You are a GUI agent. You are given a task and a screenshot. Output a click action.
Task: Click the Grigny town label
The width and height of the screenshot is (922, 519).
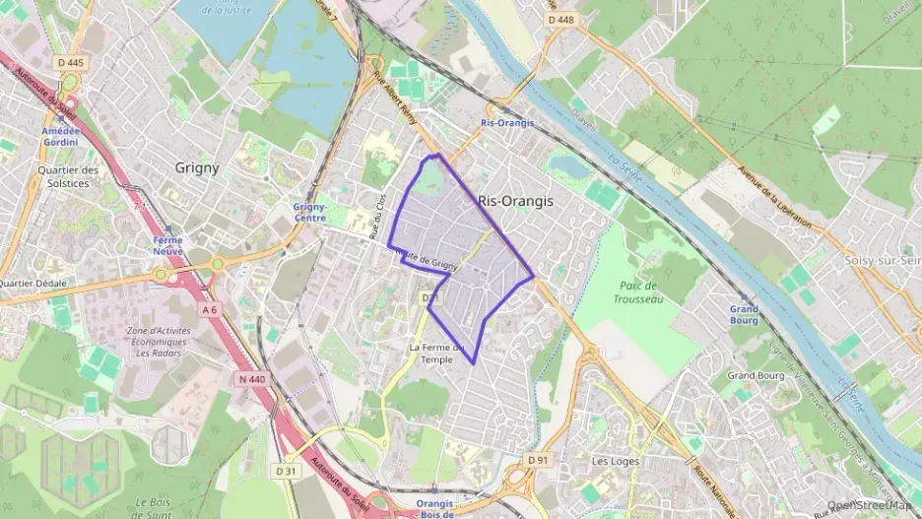coord(197,167)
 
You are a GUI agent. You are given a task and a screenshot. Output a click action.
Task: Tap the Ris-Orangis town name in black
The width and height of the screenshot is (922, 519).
coord(515,201)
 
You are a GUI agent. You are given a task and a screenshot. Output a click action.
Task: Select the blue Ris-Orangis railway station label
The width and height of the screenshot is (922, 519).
coord(507,123)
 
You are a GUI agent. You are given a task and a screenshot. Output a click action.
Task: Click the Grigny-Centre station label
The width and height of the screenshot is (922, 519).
coord(310,212)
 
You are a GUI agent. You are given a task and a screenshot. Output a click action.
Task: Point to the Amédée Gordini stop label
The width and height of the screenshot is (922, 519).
coord(59,137)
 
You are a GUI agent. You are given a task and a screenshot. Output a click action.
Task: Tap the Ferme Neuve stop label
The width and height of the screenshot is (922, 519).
coord(167,245)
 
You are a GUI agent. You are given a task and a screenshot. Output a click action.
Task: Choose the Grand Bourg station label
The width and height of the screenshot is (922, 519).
coord(744,314)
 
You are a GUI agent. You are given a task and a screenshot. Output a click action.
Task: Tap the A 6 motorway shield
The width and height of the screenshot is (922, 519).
coord(209,310)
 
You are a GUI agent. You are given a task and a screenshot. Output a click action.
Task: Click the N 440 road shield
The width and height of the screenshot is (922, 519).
coord(252,378)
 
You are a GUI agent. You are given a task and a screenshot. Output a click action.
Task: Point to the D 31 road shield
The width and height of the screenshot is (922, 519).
coord(286,471)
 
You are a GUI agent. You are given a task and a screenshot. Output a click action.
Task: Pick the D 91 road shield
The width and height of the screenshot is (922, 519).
coord(537,459)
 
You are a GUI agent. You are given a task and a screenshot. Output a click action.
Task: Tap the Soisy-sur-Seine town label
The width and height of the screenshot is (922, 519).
coord(883,260)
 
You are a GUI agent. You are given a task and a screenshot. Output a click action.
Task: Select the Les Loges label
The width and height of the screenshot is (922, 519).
coord(616,461)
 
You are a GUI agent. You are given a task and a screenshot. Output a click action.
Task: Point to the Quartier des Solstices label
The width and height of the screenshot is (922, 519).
coord(68,176)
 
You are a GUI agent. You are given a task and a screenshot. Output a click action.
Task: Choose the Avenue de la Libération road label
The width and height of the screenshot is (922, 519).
coord(772,197)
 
